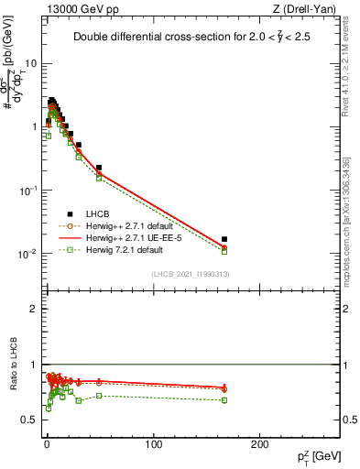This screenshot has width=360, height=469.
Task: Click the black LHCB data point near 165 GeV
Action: (224, 239)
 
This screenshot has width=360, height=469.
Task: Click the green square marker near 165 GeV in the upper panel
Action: (224, 251)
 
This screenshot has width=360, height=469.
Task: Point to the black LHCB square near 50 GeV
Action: (99, 168)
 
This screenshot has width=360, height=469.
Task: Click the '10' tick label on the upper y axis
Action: (30, 64)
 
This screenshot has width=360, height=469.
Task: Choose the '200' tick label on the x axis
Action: (260, 444)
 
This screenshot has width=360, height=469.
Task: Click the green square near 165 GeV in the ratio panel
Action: (224, 400)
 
